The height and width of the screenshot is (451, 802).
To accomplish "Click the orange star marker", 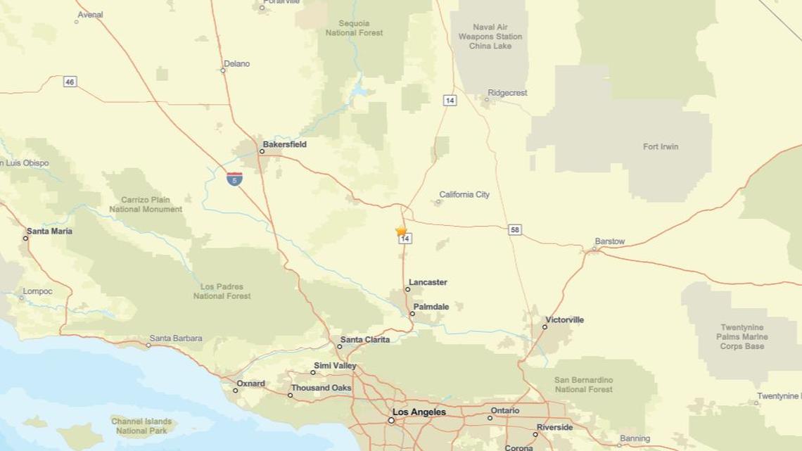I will pyautogui.click(x=401, y=231).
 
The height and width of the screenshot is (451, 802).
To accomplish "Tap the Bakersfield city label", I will pyautogui.click(x=284, y=144).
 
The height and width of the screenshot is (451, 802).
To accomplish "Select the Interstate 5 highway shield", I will pyautogui.click(x=234, y=179).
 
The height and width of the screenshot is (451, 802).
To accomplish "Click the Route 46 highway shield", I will pyautogui.click(x=69, y=82).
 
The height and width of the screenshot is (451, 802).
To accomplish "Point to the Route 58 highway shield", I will pyautogui.click(x=516, y=230).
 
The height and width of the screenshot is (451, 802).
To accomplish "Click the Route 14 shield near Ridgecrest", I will pyautogui.click(x=450, y=101).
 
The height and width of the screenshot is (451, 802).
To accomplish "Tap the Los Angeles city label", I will pyautogui.click(x=419, y=412).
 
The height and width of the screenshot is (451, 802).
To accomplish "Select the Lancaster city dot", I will pyautogui.click(x=407, y=289).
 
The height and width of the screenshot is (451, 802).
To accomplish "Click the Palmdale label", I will pyautogui.click(x=431, y=307).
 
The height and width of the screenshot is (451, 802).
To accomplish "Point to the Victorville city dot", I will pyautogui.click(x=545, y=327).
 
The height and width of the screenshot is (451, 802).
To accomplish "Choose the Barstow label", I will pyautogui.click(x=609, y=241).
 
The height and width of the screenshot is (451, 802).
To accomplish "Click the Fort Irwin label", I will pyautogui.click(x=661, y=147).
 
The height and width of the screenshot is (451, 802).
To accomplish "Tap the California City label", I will pyautogui.click(x=464, y=195).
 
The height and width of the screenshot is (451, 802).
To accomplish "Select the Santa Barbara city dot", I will pyautogui.click(x=150, y=345).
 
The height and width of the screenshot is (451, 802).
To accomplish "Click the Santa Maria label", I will pyautogui.click(x=49, y=231).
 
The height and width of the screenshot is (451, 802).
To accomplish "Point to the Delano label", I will pyautogui.click(x=236, y=63).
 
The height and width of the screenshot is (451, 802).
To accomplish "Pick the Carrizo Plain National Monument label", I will pyautogui.click(x=146, y=205).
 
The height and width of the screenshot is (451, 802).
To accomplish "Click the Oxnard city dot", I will pyautogui.click(x=236, y=390).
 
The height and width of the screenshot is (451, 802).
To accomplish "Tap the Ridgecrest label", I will pyautogui.click(x=507, y=93).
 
